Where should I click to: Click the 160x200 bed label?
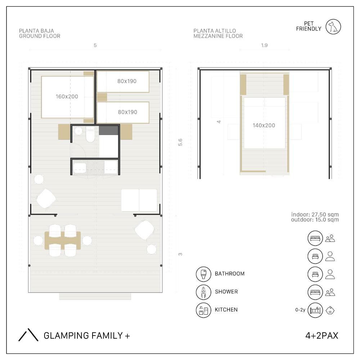67,96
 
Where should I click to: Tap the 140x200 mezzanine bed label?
264,125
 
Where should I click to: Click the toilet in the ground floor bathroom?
90,135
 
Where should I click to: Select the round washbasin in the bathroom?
78,131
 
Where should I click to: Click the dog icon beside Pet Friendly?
333,27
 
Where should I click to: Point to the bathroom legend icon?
203,274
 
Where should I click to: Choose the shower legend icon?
203,292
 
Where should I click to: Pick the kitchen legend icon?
203,310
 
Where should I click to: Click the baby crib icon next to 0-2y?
315,310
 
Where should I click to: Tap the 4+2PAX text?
321,336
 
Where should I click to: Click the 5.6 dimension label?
180,142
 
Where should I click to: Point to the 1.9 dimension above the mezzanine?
264,45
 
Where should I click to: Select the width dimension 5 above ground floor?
95,45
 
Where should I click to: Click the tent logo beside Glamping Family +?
28,335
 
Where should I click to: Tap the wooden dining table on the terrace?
63,240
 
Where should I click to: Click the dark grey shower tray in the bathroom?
108,130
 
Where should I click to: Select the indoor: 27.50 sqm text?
315,215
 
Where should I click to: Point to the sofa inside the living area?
139,200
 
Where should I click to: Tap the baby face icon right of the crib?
330,310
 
